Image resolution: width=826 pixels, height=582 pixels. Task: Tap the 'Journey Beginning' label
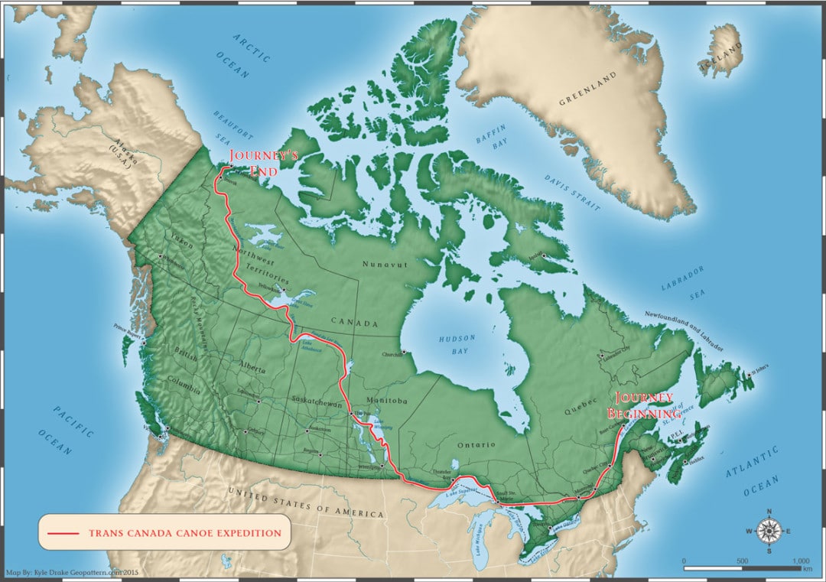pos(640,405)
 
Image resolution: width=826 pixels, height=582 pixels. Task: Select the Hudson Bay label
pos(457,344)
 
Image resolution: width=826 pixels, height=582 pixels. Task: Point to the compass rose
pos(769,530)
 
